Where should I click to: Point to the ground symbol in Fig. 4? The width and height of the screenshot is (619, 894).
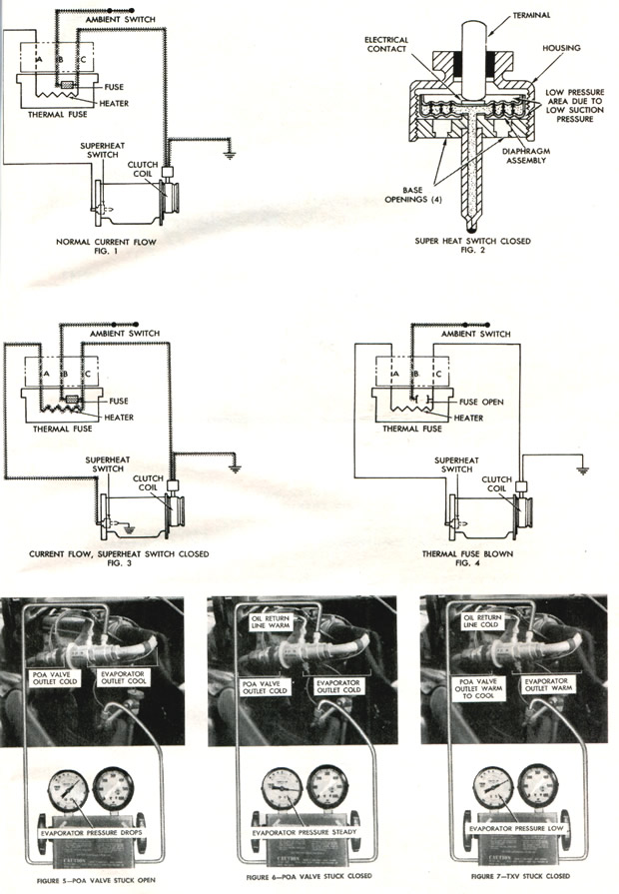tap(582, 464)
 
